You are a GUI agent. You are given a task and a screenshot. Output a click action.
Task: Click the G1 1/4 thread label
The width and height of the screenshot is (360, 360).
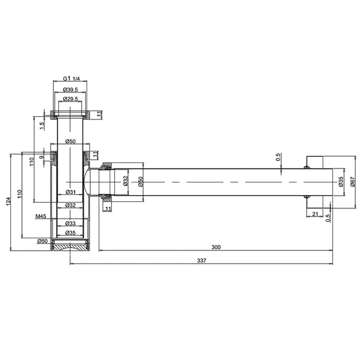point(71,78)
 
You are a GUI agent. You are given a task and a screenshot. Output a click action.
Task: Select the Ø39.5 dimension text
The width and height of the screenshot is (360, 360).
point(71,90)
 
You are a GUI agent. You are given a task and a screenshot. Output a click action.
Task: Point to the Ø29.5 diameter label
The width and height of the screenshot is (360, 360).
point(71,99)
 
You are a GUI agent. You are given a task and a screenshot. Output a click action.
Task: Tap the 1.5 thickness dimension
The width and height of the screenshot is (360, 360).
point(42,126)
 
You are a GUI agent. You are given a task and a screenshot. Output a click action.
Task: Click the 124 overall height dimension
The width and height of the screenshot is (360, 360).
point(8,201)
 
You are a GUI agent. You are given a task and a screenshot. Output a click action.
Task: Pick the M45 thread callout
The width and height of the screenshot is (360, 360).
point(41,216)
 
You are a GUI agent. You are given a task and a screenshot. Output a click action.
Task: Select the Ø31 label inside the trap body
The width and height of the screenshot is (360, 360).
point(71,192)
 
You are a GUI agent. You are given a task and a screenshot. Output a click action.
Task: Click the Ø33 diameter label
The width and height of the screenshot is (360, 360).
point(71,223)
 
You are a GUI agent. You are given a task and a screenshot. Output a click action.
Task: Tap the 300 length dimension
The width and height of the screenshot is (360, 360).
point(216,247)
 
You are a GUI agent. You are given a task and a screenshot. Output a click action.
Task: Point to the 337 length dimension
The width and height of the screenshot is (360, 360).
point(202,261)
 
